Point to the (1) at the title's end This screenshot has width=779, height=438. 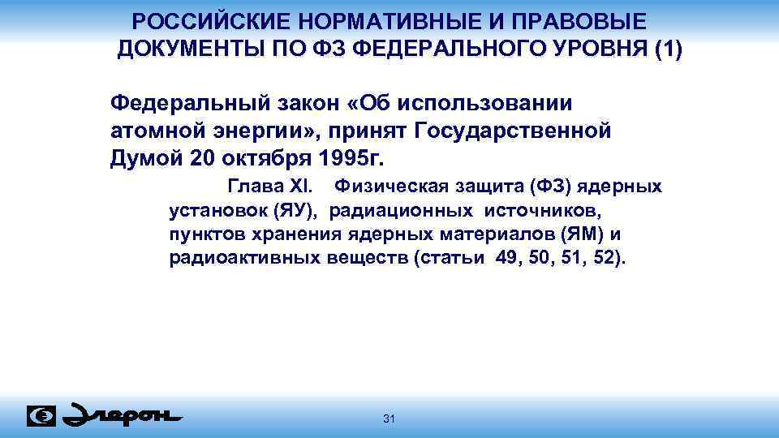[668, 49]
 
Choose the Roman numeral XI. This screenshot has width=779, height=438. [310, 187]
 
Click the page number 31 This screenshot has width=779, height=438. [388, 419]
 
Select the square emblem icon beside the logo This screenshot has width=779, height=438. [41, 415]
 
